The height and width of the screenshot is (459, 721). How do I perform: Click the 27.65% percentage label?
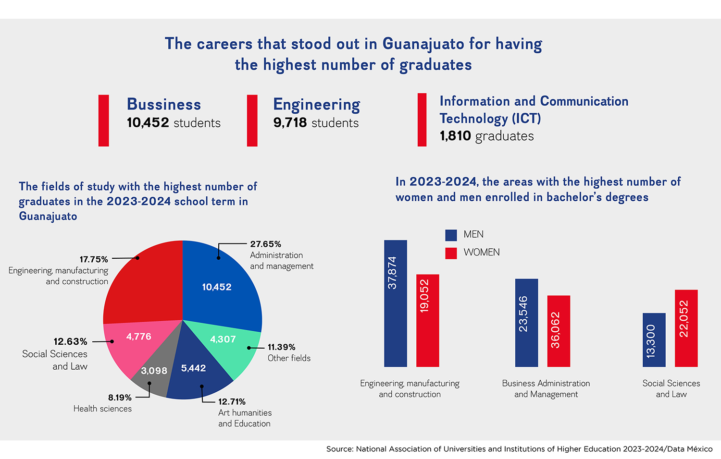265,244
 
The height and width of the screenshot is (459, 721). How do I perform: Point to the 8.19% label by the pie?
120,398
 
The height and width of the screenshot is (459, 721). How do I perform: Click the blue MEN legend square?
451,235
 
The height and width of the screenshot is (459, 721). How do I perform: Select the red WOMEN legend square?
451,253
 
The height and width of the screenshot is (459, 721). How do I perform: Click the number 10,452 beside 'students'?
148,123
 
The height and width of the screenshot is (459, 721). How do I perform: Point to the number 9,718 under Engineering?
290,123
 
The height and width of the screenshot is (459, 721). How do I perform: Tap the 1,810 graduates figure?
455,136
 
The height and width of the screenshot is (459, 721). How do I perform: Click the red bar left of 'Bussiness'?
103,120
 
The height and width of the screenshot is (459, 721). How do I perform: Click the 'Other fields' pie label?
289,358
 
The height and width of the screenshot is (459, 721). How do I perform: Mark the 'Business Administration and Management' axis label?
546,388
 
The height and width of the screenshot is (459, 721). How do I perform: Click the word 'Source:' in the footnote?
339,449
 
